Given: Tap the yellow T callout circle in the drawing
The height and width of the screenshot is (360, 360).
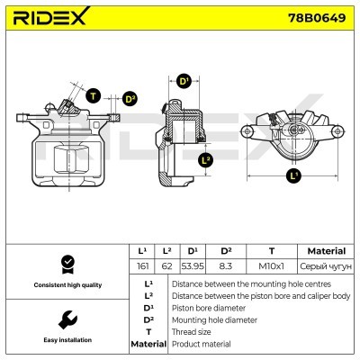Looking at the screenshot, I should (x=93, y=94).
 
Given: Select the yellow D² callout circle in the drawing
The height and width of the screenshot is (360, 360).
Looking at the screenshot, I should (x=129, y=99).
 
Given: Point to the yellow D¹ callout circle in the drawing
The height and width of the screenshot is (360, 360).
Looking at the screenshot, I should (x=184, y=82).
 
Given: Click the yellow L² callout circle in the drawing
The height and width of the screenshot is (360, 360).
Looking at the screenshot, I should (x=206, y=160).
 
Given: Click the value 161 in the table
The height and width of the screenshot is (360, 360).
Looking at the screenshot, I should (x=141, y=266).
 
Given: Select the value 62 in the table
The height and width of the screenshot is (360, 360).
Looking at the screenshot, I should (x=167, y=266).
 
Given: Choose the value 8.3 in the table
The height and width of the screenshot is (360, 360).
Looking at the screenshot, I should (x=226, y=266).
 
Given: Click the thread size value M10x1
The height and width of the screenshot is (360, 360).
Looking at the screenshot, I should (x=271, y=266).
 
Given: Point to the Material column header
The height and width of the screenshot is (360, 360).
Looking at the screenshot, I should (x=326, y=250).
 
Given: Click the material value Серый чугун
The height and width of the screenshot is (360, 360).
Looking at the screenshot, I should (x=326, y=266).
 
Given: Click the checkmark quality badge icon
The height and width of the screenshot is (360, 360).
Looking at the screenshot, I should (x=66, y=263).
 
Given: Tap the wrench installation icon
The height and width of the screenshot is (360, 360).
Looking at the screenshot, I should (x=66, y=319).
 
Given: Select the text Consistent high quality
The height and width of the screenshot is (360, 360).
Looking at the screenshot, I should (x=66, y=284).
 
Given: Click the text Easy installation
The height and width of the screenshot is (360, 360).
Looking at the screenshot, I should (x=66, y=340).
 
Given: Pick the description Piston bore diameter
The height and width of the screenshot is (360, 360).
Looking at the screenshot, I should (x=208, y=307).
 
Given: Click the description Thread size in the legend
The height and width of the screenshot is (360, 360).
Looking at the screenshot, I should (x=192, y=331).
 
